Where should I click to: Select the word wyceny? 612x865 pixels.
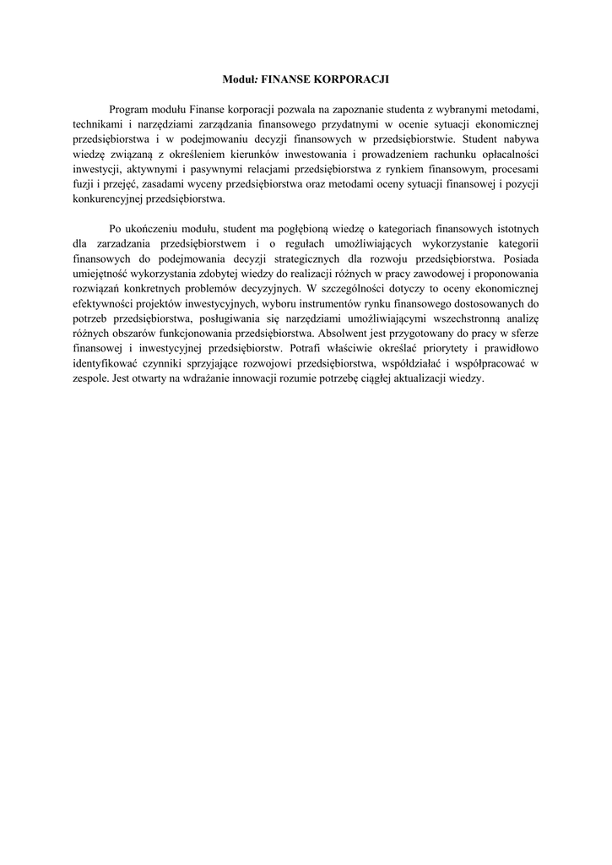222,186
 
